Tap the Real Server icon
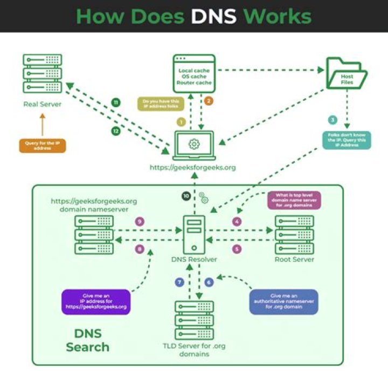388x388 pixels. [42, 73]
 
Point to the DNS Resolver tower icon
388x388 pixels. [193, 234]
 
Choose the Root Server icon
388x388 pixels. [294, 234]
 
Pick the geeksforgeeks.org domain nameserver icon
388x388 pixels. [94, 234]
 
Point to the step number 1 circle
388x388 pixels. [182, 122]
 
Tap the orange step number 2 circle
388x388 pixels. [209, 101]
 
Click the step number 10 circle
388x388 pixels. [186, 196]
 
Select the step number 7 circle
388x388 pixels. [179, 282]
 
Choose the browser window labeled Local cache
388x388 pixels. [194, 74]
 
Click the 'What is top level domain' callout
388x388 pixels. [294, 200]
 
